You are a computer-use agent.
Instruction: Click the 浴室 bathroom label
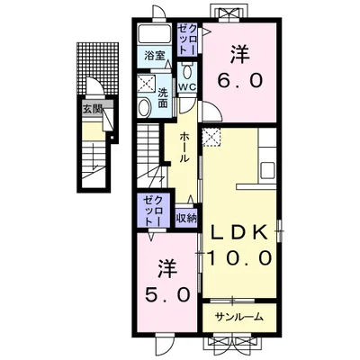(x=154, y=56)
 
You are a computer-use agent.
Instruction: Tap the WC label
(x=187, y=87)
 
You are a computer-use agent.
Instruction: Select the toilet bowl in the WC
(x=187, y=71)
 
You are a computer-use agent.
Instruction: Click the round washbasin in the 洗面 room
(x=145, y=108)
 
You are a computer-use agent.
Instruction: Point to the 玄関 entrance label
(x=93, y=109)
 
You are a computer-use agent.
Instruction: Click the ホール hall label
(x=184, y=148)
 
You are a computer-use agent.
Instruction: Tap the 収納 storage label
(x=186, y=218)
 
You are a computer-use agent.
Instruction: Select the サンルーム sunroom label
(x=239, y=317)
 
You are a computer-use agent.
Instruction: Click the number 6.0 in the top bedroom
(x=240, y=81)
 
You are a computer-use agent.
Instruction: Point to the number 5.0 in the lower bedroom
(x=167, y=295)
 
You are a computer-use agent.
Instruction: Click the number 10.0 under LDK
(x=240, y=258)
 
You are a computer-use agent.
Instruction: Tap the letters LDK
(x=240, y=232)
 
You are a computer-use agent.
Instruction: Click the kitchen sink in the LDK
(x=267, y=170)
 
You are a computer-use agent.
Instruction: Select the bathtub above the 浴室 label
(x=155, y=33)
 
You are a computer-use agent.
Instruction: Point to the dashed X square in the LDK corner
(x=211, y=137)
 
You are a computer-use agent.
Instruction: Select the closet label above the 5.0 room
(x=154, y=211)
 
